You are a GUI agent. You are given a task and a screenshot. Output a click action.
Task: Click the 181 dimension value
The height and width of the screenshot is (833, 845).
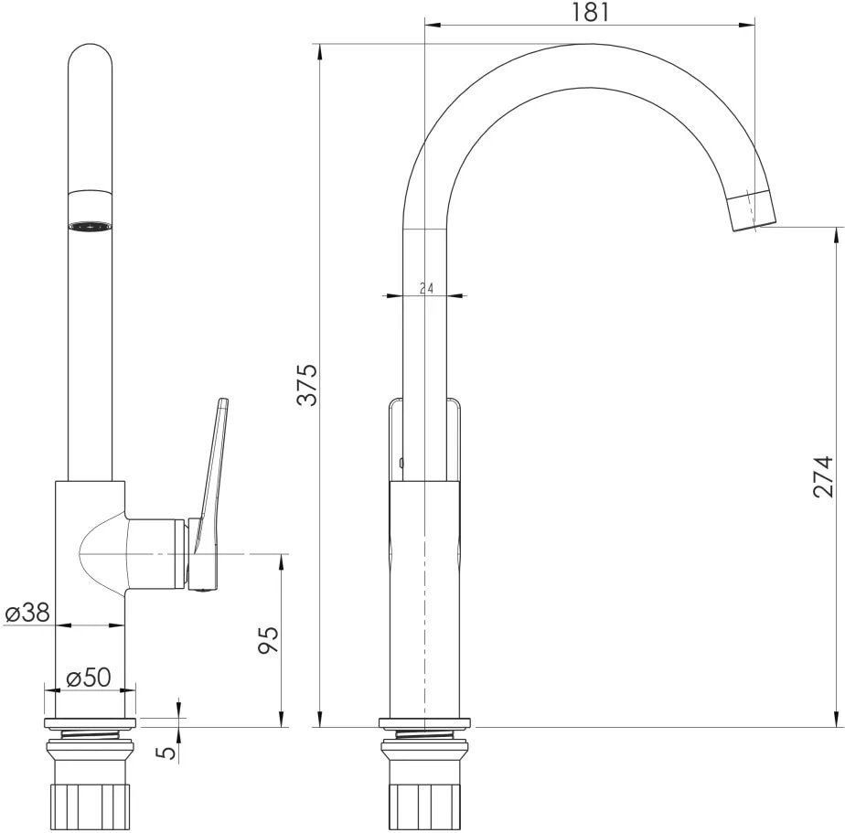[590, 12]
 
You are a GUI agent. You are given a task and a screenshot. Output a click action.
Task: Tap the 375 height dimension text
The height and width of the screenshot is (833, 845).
[309, 385]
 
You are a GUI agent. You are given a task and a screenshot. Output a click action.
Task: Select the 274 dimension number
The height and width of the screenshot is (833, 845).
[823, 476]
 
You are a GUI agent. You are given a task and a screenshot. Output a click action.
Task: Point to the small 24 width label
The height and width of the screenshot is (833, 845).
[426, 288]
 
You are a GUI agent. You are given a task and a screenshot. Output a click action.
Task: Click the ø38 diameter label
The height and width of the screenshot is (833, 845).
[27, 613]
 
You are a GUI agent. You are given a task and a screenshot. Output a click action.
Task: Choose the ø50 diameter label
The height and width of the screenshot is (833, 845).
[89, 678]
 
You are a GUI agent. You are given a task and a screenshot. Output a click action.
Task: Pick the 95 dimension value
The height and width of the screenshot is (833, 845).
[268, 639]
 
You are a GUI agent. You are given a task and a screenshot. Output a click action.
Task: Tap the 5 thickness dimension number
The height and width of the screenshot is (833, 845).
[168, 752]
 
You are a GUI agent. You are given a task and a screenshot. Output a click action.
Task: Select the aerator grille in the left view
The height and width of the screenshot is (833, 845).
[91, 227]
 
